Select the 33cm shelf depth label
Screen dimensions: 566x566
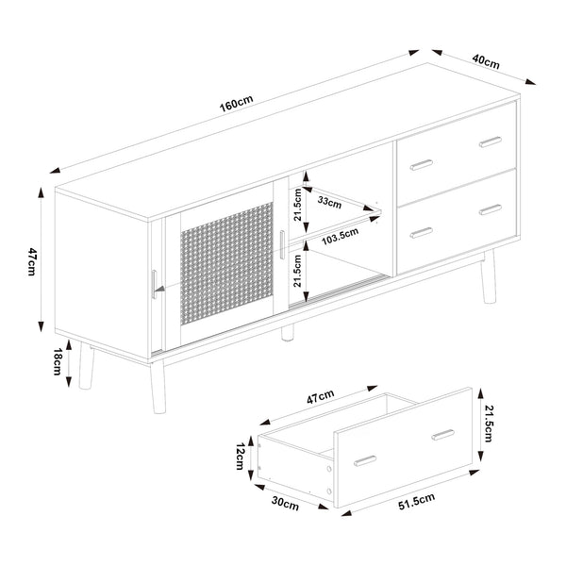coord(330,201)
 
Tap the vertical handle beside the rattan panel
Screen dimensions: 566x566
coord(281,242)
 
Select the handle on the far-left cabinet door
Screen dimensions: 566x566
coord(155,281)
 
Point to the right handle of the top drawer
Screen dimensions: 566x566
coord(492,141)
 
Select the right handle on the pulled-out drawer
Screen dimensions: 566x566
coord(442,436)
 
